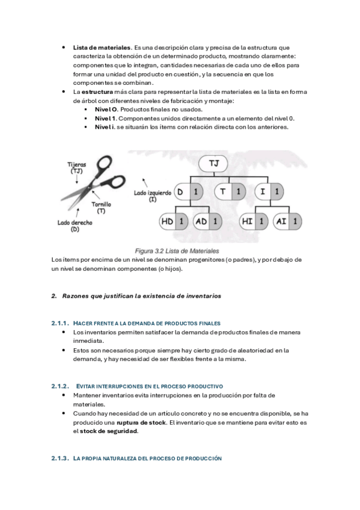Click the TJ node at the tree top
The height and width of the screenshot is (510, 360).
pos(213,164)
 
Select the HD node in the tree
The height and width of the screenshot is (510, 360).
pos(174,222)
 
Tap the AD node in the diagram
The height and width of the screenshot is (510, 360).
pos(207,222)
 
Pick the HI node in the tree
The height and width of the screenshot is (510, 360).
pos(254,222)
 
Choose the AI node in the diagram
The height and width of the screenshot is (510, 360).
pos(287,222)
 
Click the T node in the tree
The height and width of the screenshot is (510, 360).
pos(230,192)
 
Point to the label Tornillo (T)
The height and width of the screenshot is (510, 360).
pos(101,207)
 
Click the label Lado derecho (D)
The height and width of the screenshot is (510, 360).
pos(75,226)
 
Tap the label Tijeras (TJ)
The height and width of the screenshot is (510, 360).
pos(77,168)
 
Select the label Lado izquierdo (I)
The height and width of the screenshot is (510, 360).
pos(153,196)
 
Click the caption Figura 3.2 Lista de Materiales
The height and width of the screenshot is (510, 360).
pos(177,251)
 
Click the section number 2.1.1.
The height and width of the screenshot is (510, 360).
pos(60,324)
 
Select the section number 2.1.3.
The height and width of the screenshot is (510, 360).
pos(60,458)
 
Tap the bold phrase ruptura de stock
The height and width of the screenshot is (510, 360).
pos(141,423)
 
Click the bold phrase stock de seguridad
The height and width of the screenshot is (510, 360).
pos(109,432)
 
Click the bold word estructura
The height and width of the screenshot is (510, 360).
pos(97,92)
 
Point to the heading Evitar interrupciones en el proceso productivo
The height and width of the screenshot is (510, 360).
pos(150,386)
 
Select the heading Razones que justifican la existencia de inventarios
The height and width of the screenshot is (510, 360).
pos(142,296)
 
